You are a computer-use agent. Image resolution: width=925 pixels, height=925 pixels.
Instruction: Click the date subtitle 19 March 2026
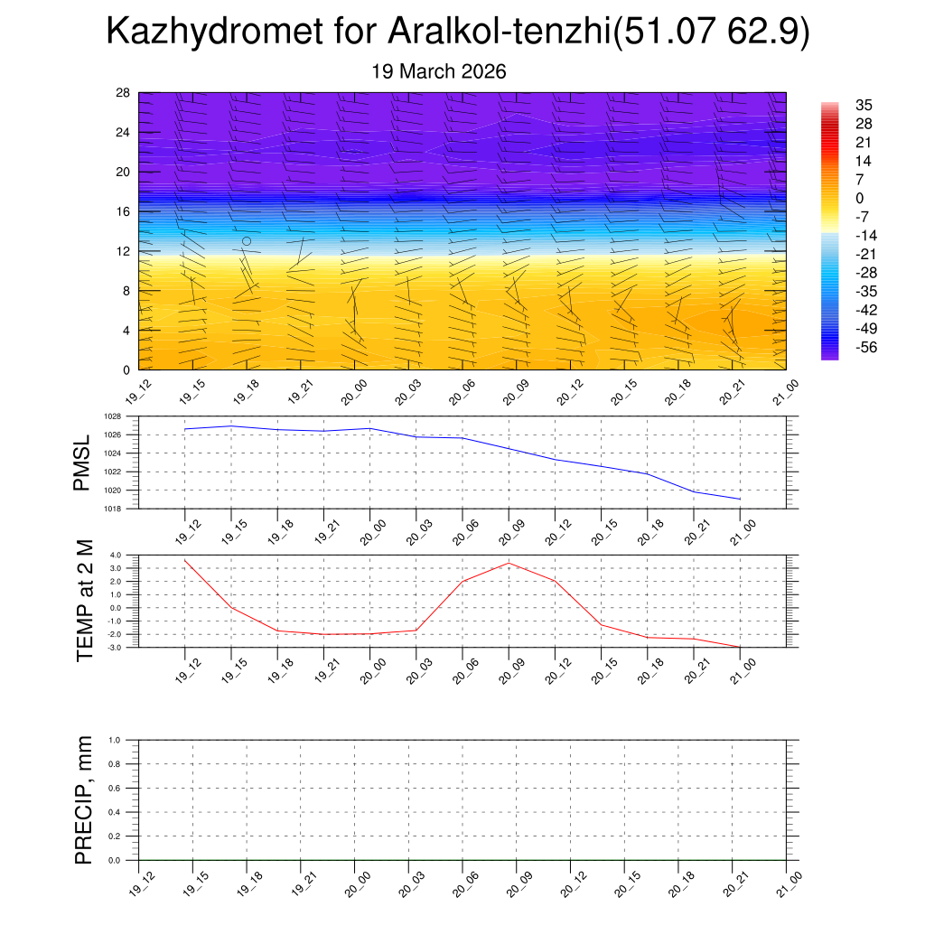(439, 71)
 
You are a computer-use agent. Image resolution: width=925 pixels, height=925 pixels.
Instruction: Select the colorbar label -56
(865, 347)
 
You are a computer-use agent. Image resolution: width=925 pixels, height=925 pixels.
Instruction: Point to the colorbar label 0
(860, 198)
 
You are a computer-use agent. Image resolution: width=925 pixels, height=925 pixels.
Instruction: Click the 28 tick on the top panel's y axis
(124, 93)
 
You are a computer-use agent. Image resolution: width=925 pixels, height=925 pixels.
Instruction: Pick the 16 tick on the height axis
(124, 211)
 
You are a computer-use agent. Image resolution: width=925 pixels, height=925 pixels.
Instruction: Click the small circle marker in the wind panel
(247, 241)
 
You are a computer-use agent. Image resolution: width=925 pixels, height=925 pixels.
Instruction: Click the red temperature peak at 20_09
(509, 564)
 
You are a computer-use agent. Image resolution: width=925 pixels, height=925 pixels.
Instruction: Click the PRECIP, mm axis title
(84, 800)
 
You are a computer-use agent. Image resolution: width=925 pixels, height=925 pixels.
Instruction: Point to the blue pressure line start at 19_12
(185, 429)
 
